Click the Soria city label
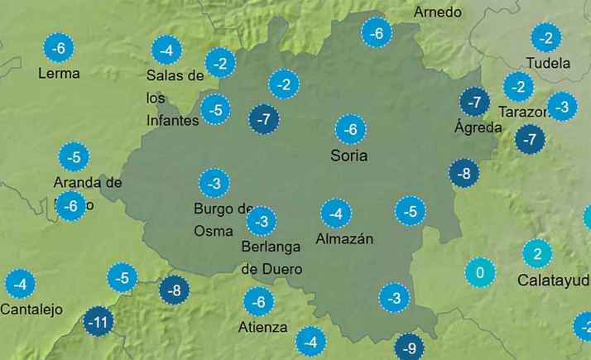tap(348, 156)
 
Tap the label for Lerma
tap(59, 73)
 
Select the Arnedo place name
tap(437, 12)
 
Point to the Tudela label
tap(548, 63)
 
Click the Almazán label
tap(345, 239)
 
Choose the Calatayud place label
tap(553, 280)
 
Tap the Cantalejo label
tap(31, 310)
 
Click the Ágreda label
tap(478, 127)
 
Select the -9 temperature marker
tap(408, 348)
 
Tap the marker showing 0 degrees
tap(480, 271)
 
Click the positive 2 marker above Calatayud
tap(536, 253)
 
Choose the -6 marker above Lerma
tap(58, 48)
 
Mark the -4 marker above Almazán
tap(335, 214)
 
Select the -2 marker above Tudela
tap(545, 37)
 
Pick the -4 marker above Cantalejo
tap(20, 285)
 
